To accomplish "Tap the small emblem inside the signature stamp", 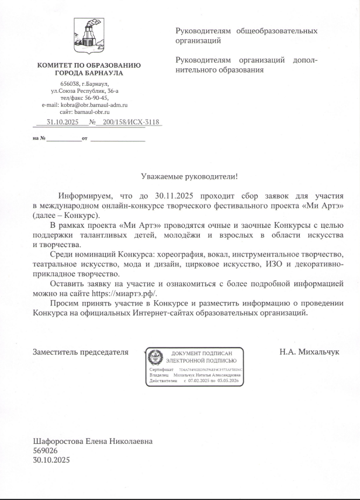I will (x=155, y=357).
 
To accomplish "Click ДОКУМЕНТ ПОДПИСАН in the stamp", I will (x=202, y=354).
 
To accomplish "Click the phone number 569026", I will (x=45, y=451).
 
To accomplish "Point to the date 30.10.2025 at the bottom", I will (x=51, y=460).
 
